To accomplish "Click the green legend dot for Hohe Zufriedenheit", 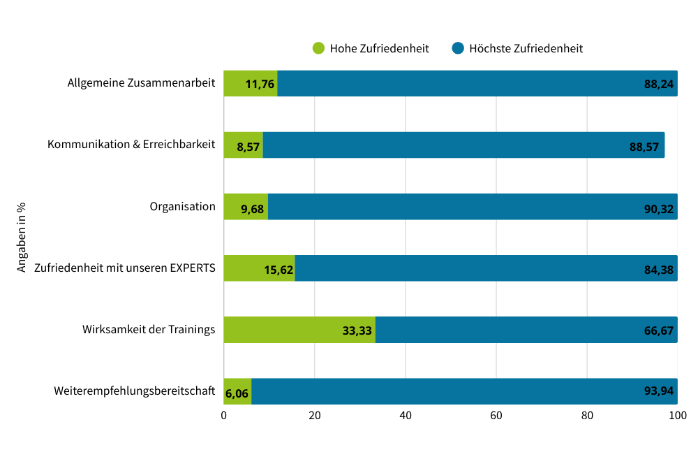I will (x=318, y=48).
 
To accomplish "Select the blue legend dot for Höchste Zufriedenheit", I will (x=459, y=48).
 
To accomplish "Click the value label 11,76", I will (x=260, y=84).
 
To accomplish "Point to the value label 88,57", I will (x=644, y=146).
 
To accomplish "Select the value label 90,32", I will (x=658, y=207).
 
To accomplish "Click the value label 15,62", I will (x=279, y=269).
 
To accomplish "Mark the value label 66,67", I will (x=658, y=330).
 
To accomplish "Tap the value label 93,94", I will (x=658, y=391).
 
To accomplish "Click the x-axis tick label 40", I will (x=406, y=416).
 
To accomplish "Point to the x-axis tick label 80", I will (x=587, y=416).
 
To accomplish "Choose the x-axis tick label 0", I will (x=224, y=416).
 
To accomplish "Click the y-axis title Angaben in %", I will (x=22, y=237).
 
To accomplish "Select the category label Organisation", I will (x=182, y=207).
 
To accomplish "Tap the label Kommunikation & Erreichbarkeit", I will (x=131, y=145).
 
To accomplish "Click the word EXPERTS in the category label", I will (x=193, y=268).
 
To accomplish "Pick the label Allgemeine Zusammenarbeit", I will (x=141, y=83).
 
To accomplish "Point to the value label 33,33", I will (x=357, y=330).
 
